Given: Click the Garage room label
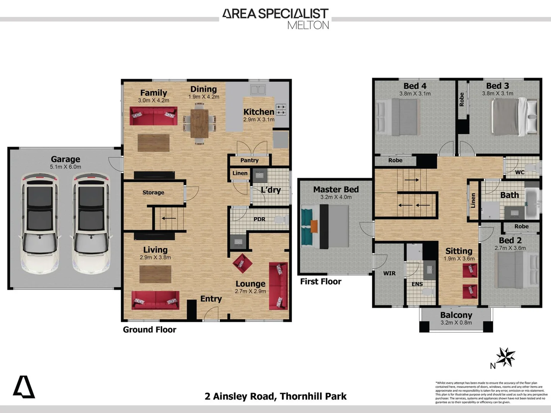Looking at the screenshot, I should (65, 159).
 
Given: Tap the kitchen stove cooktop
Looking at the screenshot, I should (281, 110).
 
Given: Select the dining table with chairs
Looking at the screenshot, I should (199, 123).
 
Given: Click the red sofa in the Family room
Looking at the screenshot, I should (153, 116).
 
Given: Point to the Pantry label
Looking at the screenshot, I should (249, 160).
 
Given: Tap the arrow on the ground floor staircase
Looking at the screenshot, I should (168, 218).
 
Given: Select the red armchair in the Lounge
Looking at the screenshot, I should (242, 263).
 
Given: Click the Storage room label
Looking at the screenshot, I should (153, 192).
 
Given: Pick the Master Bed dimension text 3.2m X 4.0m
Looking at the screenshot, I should (336, 197).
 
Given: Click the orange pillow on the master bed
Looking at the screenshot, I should (314, 226).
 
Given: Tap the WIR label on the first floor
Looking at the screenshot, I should (389, 273).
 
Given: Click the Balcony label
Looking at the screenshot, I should (456, 315).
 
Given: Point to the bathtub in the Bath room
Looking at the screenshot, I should (531, 202).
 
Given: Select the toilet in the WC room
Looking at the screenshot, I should (531, 168).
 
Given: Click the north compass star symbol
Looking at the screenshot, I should (506, 357).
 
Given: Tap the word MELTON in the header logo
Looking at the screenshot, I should (308, 25).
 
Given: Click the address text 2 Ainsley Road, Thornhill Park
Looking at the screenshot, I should (275, 396).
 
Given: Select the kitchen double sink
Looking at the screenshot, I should (258, 90).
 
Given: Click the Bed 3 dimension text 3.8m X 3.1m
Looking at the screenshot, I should (497, 93).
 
